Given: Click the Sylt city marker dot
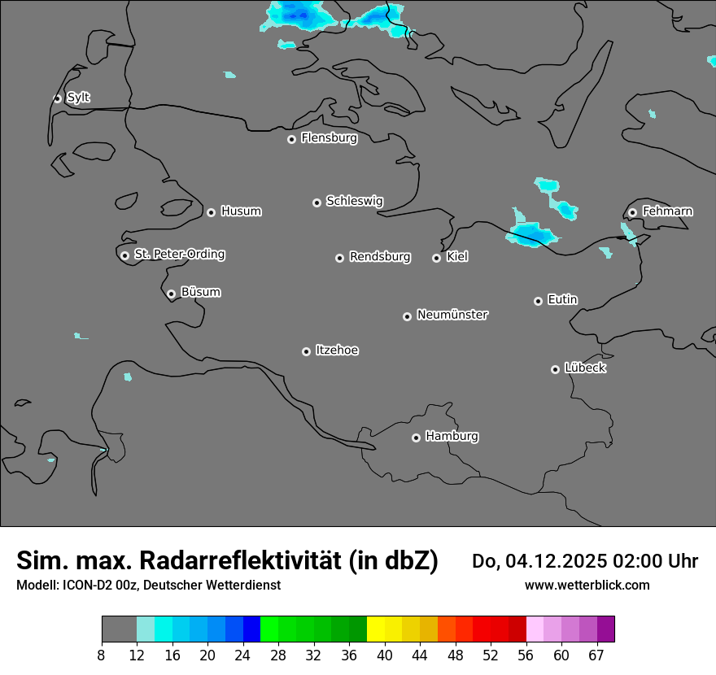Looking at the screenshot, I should click(x=58, y=98).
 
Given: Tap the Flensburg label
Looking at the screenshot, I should click(x=329, y=138).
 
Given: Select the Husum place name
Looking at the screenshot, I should click(x=241, y=211).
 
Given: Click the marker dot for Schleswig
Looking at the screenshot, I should click(x=317, y=202).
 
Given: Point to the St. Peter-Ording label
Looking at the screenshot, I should click(x=179, y=255).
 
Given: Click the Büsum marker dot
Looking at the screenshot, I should click(x=171, y=294).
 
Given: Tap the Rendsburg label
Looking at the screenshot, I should click(x=380, y=257).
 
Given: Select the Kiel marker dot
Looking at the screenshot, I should click(x=437, y=258).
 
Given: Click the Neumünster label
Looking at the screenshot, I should click(x=452, y=315).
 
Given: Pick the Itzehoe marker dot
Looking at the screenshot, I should click(x=307, y=351).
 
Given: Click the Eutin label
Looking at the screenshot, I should click(x=562, y=300).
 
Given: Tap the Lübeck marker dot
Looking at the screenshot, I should click(x=556, y=369).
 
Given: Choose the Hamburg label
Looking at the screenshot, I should click(x=452, y=437).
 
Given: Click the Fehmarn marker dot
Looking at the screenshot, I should click(x=633, y=213).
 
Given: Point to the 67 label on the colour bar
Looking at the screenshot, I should click(x=596, y=655).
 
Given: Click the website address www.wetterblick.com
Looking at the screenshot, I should click(x=587, y=586).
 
